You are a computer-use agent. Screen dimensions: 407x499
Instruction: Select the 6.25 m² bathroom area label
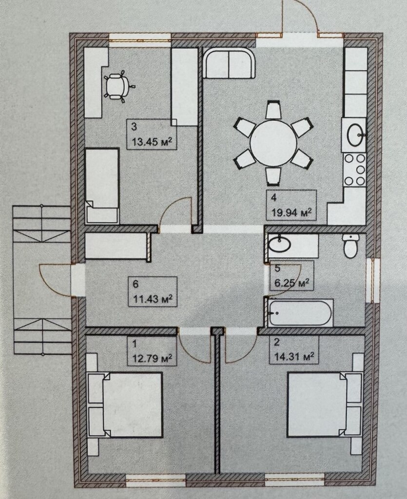(291, 283)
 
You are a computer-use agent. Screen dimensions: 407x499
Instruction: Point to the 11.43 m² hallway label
(153, 298)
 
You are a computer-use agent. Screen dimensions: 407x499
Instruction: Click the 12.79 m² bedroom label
(153, 359)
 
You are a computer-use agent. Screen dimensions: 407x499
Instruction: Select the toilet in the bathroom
(350, 246)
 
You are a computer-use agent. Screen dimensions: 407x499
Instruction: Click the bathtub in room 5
(299, 312)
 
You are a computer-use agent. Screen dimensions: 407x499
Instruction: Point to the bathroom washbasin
(279, 244)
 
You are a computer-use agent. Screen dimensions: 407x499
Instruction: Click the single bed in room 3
(102, 185)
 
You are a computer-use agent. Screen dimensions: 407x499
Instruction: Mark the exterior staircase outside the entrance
(41, 280)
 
